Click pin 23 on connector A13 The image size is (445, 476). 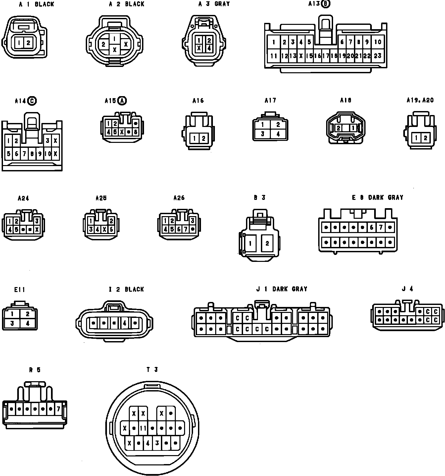click(377, 56)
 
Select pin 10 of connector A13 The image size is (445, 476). click(377, 42)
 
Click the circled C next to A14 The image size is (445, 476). click(32, 101)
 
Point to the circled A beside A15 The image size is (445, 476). click(123, 100)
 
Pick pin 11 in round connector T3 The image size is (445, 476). click(143, 428)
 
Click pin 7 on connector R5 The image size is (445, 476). click(59, 409)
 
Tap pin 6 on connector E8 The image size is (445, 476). click(372, 227)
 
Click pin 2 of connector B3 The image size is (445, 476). click(267, 243)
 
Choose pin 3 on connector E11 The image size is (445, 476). click(12, 323)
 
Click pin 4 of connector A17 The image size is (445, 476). click(278, 134)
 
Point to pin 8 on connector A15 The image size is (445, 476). click(135, 132)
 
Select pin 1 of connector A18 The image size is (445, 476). click(354, 128)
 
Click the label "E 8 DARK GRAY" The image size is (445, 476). click(377, 198)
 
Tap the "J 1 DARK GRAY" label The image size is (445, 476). click(281, 289)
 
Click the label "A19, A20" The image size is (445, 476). click(420, 100)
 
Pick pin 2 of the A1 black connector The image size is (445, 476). click(28, 43)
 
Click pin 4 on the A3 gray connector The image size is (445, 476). click(209, 48)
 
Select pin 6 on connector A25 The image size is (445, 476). click(112, 229)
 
